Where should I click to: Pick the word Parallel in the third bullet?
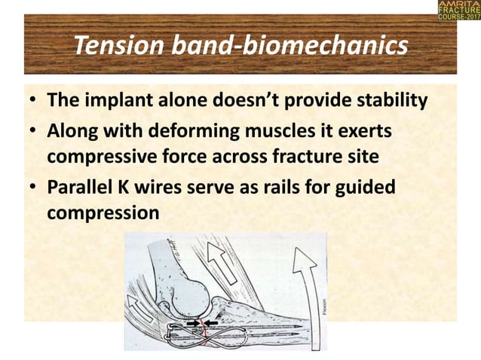tap(80, 188)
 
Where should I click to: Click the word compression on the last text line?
tap(103, 213)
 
